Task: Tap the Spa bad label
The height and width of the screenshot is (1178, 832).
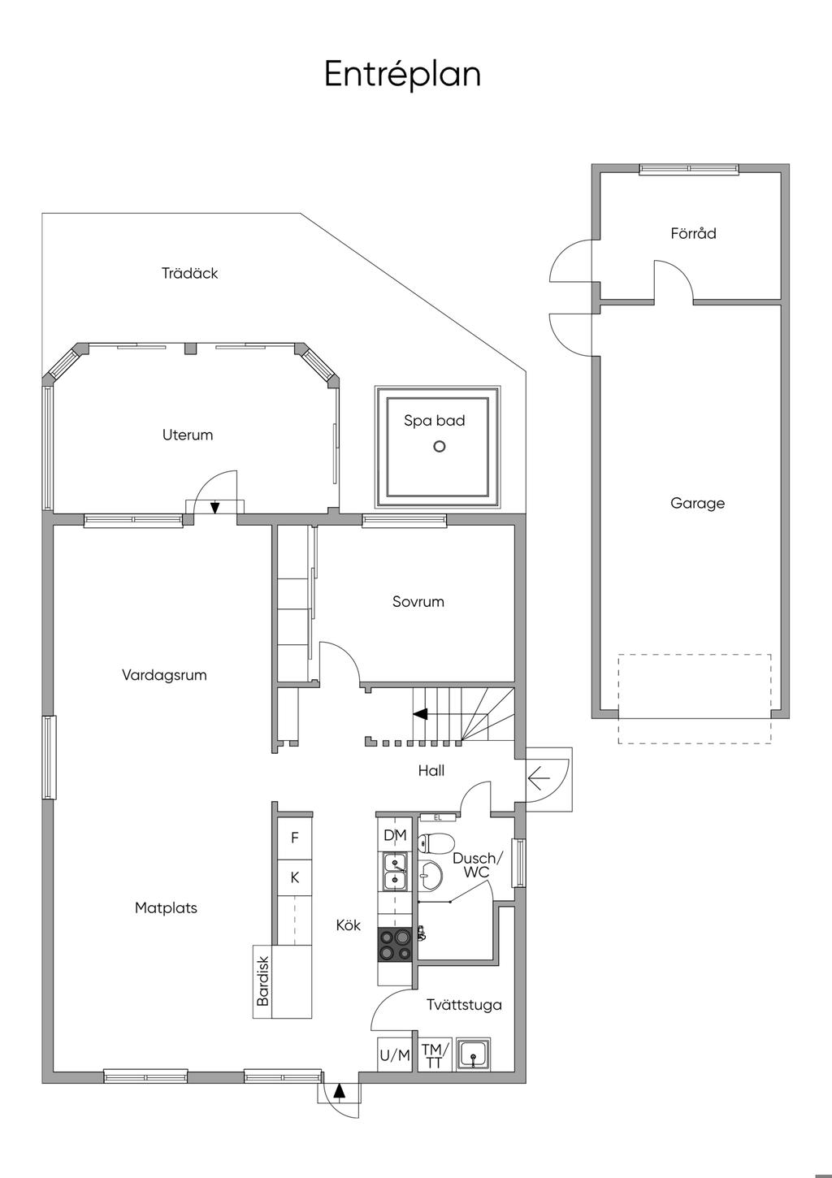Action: (435, 421)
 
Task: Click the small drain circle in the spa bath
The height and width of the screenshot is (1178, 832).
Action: (439, 447)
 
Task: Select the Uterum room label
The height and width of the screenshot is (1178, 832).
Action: (188, 435)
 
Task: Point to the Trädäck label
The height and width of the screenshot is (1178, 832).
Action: (189, 273)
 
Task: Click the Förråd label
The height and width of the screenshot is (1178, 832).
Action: (693, 232)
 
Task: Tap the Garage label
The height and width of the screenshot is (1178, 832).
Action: (697, 503)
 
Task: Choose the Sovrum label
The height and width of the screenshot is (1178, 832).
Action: (418, 602)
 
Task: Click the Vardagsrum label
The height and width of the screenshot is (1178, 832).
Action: (164, 675)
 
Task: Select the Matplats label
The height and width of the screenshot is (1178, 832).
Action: (166, 908)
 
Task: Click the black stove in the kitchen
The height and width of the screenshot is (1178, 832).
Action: (394, 946)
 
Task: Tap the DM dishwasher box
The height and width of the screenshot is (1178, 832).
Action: (394, 834)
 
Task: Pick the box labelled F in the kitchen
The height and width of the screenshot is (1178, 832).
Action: (294, 838)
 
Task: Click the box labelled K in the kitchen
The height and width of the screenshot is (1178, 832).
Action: (294, 877)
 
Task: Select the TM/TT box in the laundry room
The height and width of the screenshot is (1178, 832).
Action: (435, 1055)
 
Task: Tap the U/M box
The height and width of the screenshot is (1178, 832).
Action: (394, 1055)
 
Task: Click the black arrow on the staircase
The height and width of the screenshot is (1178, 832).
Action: (420, 713)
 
